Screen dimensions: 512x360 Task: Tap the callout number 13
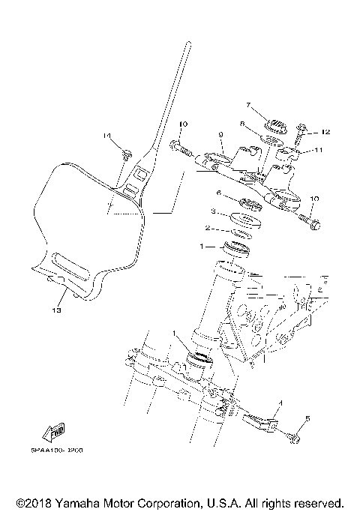pyautogui.click(x=55, y=307)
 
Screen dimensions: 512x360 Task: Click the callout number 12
pyautogui.click(x=325, y=132)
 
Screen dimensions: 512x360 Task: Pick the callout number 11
pyautogui.click(x=317, y=150)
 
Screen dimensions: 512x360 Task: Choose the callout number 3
pyautogui.click(x=214, y=211)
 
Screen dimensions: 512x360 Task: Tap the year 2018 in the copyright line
pyautogui.click(x=36, y=502)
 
